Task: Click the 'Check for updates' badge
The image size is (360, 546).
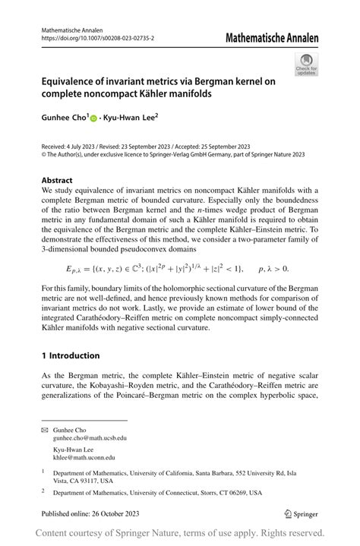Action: (x=307, y=64)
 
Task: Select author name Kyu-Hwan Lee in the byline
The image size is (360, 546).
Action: (x=131, y=118)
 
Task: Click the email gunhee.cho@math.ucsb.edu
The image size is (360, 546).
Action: (x=90, y=438)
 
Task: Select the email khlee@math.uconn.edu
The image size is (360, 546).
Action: (x=84, y=457)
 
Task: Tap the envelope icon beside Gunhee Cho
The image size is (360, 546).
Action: (x=44, y=430)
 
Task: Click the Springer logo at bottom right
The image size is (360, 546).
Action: (x=300, y=513)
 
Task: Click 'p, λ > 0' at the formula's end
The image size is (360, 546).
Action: (x=273, y=268)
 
